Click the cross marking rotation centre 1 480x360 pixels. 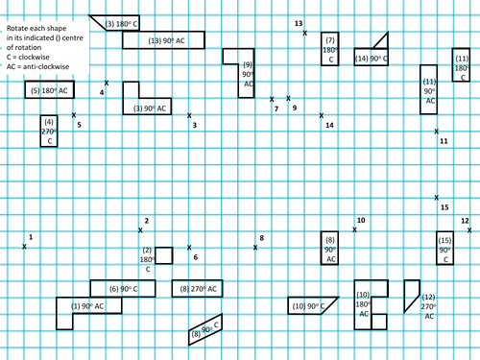pyautogui.click(x=24, y=247)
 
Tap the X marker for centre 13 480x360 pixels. pyautogui.click(x=305, y=33)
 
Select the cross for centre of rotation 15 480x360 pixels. pyautogui.click(x=436, y=198)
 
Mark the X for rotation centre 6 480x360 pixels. pyautogui.click(x=189, y=248)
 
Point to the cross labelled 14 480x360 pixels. pyautogui.click(x=322, y=115)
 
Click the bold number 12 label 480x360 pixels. pyautogui.click(x=465, y=221)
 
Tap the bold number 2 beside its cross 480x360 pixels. pyautogui.click(x=147, y=221)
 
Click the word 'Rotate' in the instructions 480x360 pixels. pyautogui.click(x=17, y=28)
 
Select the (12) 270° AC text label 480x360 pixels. pyautogui.click(x=429, y=306)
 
